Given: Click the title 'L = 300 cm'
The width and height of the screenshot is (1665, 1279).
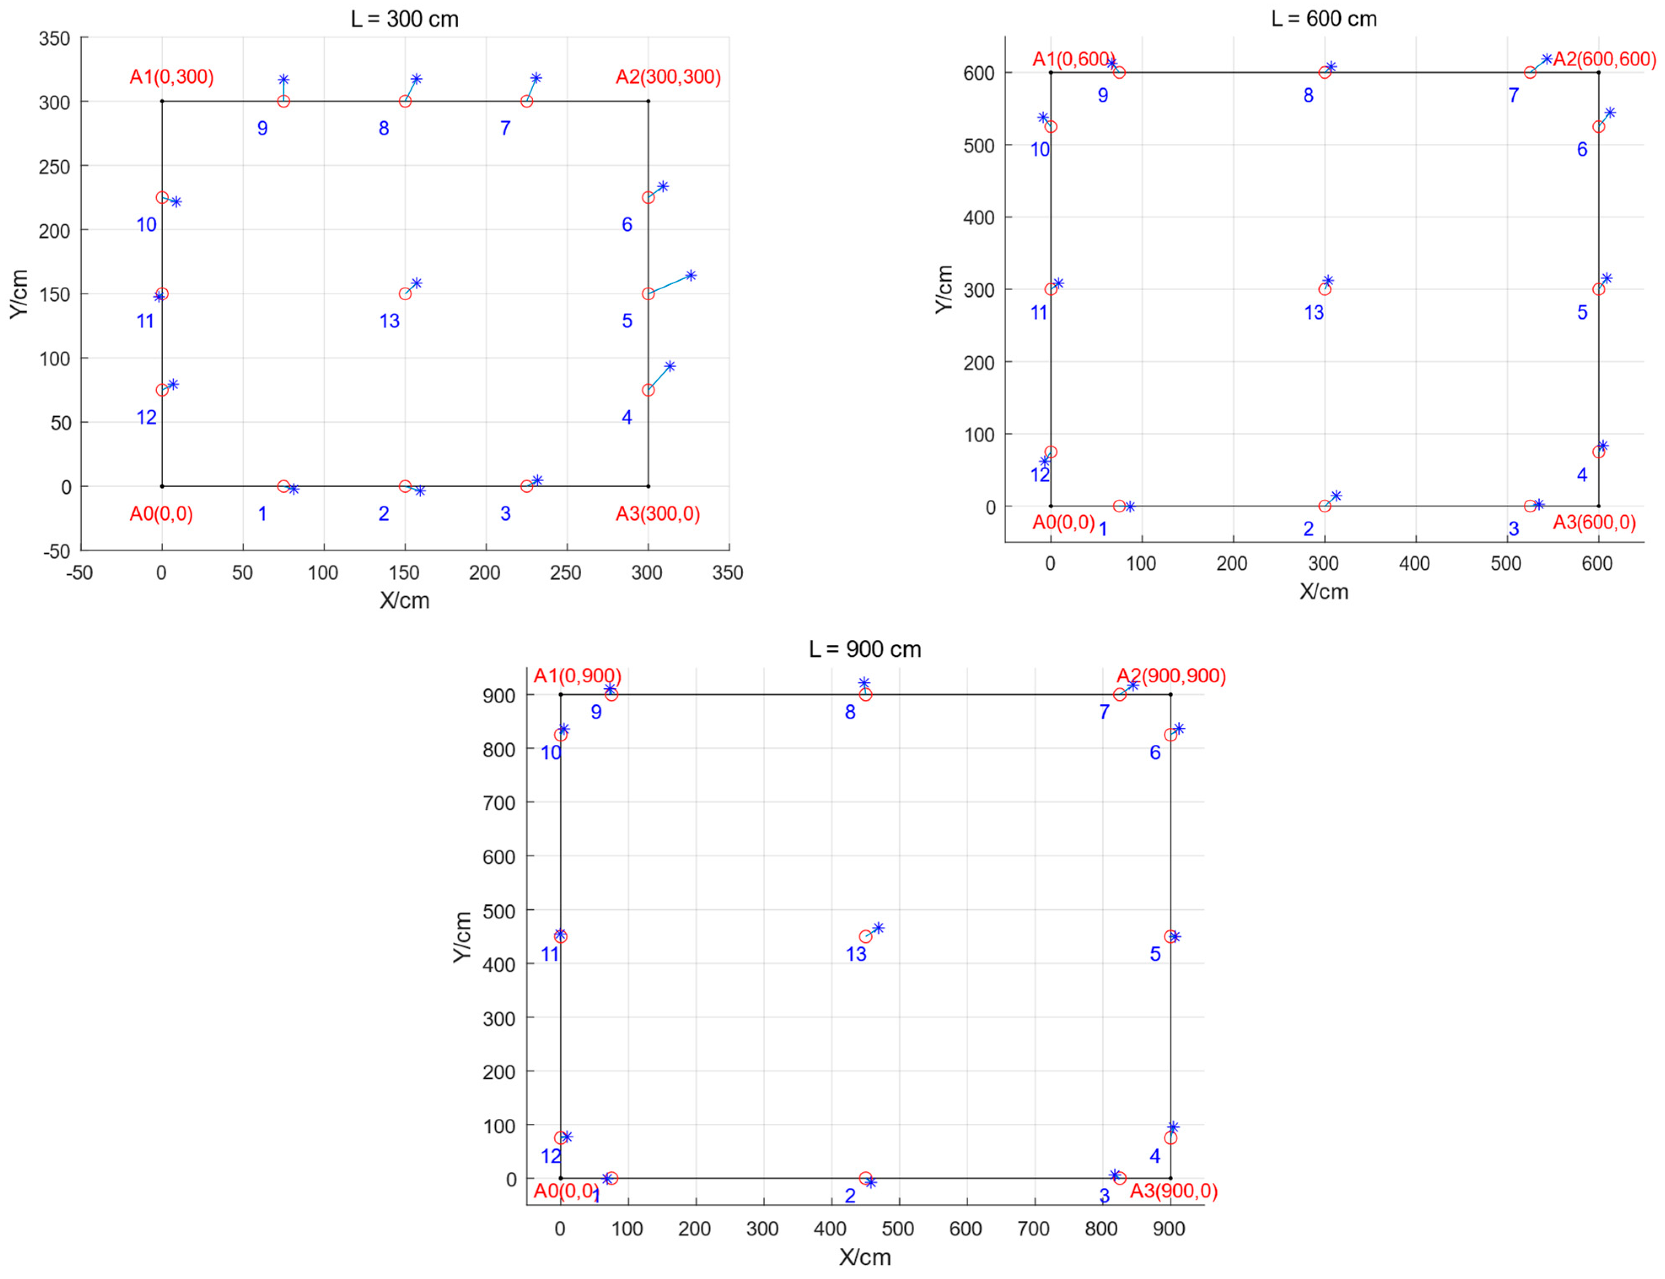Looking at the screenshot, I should click(x=404, y=19).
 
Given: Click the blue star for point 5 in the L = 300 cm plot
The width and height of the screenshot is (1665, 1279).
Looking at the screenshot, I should click(x=690, y=276).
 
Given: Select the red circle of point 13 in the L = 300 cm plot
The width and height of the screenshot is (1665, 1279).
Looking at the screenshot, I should click(x=405, y=294).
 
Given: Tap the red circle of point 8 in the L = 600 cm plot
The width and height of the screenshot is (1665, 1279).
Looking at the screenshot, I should click(x=1324, y=73).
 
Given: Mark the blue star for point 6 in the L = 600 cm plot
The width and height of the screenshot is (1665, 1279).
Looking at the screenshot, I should click(x=1609, y=113).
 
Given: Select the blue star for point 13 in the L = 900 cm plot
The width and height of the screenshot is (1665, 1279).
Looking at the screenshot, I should click(x=878, y=928).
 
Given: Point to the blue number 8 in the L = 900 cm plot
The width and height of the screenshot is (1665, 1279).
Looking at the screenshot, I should click(x=850, y=713).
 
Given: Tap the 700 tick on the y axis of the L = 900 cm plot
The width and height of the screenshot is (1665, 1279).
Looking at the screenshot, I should click(x=499, y=802).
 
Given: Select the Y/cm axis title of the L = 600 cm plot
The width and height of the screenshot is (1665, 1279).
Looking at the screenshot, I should click(x=944, y=289).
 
